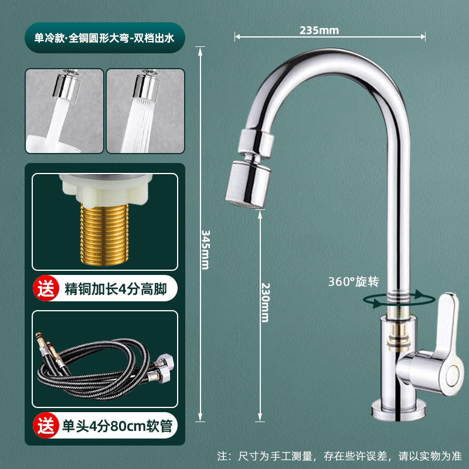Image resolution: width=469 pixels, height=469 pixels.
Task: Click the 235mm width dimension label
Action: click(319, 30)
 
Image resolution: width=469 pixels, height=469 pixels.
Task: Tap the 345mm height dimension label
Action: click(206, 250)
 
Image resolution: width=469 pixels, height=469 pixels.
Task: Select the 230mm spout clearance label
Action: click(265, 303)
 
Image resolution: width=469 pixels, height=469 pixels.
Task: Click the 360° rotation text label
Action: click(354, 281)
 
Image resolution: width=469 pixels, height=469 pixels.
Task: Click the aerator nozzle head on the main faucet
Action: click(248, 184)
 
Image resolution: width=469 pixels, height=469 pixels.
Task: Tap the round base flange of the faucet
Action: click(399, 410)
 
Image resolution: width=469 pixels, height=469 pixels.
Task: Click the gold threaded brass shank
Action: click(104, 234)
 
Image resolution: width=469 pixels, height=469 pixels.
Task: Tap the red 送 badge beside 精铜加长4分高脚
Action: click(46, 288)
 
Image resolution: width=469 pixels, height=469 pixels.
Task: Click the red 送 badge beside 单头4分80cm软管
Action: click(46, 426)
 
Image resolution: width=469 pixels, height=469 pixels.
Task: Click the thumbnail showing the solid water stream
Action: click(64, 111)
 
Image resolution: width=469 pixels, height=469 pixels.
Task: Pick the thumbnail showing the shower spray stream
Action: click(145, 111)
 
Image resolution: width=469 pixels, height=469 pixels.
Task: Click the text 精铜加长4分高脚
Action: click(115, 289)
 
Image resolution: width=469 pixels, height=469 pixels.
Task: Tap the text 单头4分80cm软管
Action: click(117, 426)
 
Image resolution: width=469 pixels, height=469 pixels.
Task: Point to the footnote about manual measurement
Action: click(339, 456)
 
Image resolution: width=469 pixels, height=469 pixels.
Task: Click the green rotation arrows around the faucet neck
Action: click(399, 300)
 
